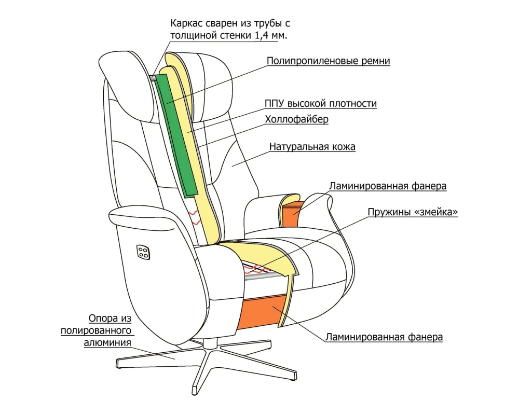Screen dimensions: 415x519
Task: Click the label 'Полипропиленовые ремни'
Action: coord(328,61)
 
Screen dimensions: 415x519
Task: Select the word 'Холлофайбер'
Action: coord(296,120)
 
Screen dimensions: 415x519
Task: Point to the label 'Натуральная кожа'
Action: coord(312,147)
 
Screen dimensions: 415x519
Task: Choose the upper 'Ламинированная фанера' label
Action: coord(388,185)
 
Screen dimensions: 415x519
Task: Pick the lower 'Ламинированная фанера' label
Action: coord(384,337)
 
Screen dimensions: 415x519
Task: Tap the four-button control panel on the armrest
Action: coord(144,252)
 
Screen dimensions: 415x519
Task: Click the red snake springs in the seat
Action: coord(259,270)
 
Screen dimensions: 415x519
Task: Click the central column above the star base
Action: coord(210,342)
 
